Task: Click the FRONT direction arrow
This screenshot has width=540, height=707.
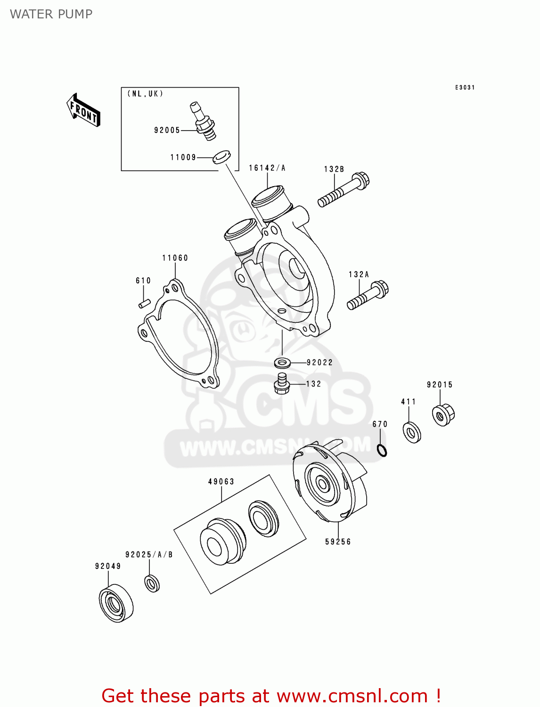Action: (83, 110)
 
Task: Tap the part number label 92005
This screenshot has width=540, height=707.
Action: (167, 131)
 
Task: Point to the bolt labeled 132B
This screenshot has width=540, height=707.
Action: (344, 189)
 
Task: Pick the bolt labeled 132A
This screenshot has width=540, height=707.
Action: (368, 296)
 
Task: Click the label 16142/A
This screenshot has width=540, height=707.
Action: (267, 168)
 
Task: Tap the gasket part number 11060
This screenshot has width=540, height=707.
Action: (175, 258)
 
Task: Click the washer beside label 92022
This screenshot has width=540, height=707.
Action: (282, 363)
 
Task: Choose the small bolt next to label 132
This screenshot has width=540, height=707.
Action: (282, 383)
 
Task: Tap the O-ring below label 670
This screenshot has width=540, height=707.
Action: (382, 450)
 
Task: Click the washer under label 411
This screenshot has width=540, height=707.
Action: (411, 432)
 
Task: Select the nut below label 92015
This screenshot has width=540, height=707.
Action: (443, 415)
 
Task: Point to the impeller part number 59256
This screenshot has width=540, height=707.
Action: (338, 542)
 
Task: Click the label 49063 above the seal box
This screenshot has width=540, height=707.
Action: (221, 482)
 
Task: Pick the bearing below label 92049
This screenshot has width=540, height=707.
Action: (115, 603)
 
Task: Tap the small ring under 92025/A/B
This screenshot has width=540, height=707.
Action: (152, 584)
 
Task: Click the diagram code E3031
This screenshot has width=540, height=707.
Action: (465, 88)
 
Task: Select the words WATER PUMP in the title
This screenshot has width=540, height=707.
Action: (51, 14)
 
